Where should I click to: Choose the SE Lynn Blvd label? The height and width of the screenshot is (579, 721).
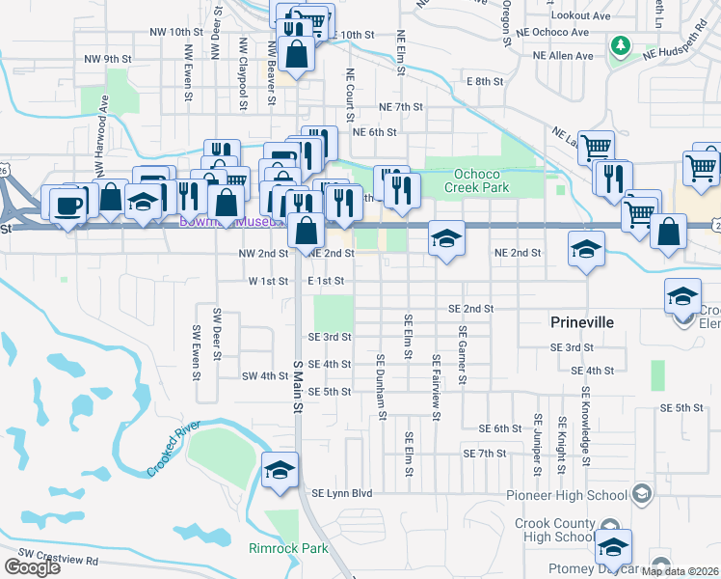(341, 493)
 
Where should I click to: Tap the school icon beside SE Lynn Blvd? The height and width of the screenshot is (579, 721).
(280, 470)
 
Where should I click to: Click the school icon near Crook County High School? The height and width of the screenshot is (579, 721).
(613, 547)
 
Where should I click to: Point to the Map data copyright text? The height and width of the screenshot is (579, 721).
(680, 571)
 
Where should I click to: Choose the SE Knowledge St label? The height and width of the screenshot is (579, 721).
(584, 396)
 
